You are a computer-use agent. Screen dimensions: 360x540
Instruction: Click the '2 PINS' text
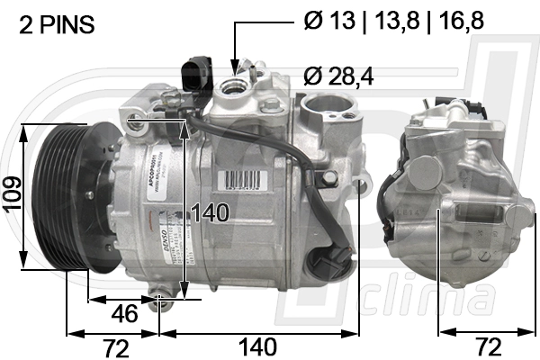coord(57,25)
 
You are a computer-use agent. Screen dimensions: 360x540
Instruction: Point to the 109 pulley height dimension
coord(12,193)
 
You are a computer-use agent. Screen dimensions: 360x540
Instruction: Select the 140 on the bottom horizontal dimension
coord(256,346)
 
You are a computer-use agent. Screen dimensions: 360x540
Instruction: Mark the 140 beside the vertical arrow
coord(211,213)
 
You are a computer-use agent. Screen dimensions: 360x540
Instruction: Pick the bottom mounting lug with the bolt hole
coord(163,301)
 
